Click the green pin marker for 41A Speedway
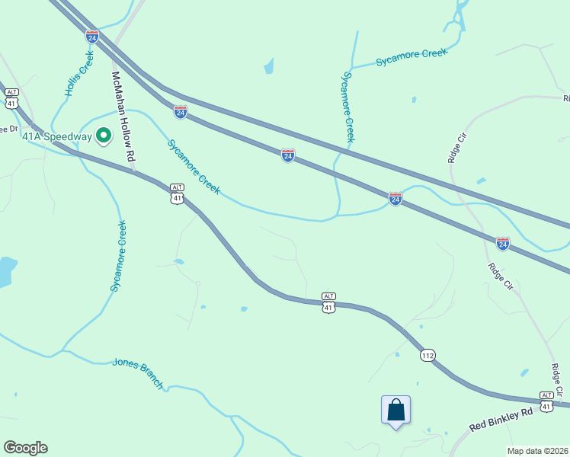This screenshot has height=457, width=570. (x=104, y=136)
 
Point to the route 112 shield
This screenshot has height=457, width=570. (x=427, y=355)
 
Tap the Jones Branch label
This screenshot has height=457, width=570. (x=138, y=373)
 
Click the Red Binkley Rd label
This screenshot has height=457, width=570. (x=501, y=420)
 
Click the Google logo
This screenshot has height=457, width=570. (x=25, y=448)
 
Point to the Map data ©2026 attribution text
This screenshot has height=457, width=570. (x=537, y=451)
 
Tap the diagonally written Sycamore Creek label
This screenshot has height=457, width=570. (x=194, y=166)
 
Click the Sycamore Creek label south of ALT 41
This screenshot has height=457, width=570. (x=118, y=256)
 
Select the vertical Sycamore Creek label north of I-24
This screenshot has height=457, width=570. (x=348, y=107)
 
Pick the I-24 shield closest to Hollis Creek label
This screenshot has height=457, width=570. (x=92, y=36)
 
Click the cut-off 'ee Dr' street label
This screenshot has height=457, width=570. (x=8, y=129)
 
